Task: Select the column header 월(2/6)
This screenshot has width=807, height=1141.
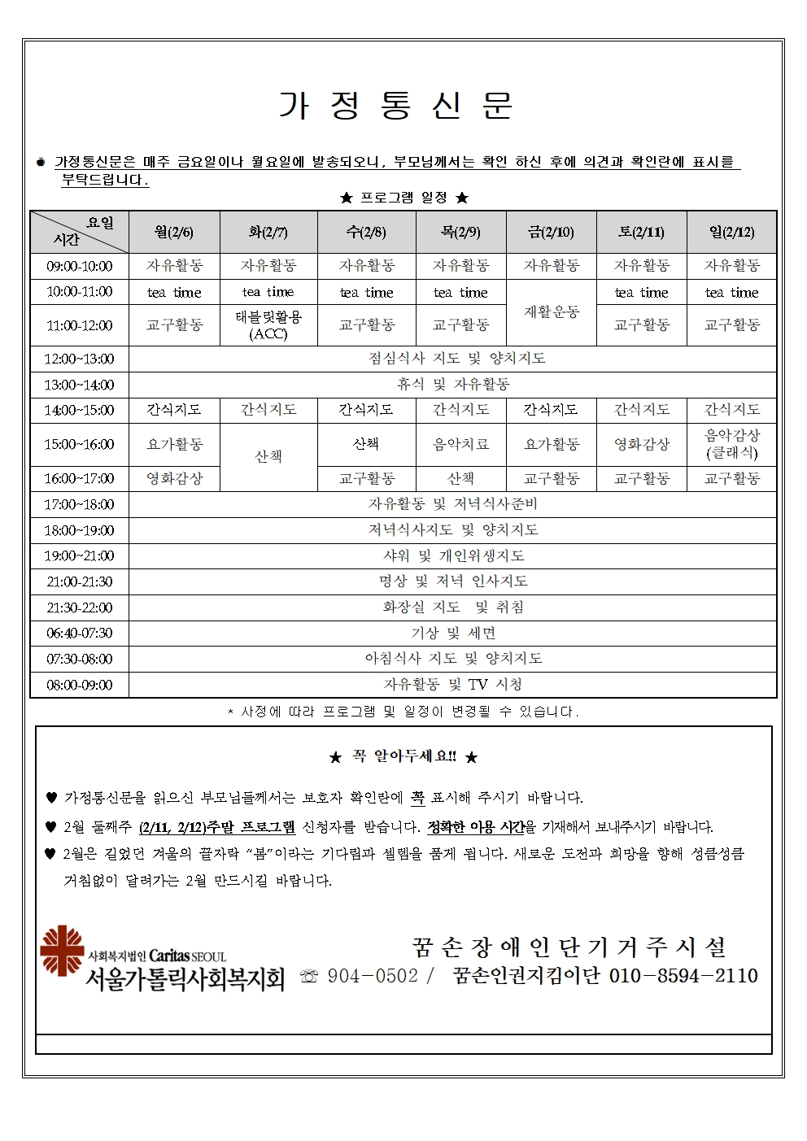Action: point(174,233)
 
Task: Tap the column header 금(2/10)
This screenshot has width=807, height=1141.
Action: point(552,233)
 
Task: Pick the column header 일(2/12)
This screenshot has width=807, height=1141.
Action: point(731,233)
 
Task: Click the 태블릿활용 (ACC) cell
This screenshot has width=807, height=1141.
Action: point(268,325)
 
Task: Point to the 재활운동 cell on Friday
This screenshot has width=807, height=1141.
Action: point(552,312)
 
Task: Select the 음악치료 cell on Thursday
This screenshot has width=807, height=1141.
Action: point(460,444)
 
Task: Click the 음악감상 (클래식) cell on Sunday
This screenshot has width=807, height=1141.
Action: point(731,444)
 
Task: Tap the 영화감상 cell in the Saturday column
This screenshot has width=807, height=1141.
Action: point(642,444)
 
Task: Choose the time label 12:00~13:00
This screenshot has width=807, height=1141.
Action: point(80,359)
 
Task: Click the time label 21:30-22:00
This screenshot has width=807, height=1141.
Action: point(80,608)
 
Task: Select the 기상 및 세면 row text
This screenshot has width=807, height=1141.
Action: point(452,633)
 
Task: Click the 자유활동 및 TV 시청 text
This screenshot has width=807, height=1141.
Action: point(452,685)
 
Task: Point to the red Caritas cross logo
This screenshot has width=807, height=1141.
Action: point(62,950)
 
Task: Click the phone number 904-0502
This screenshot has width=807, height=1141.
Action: point(373,976)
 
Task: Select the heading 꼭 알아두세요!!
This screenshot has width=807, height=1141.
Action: point(403,756)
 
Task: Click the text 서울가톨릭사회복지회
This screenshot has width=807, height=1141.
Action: point(185,978)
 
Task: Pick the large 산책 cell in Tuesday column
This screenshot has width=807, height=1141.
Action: point(268,457)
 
